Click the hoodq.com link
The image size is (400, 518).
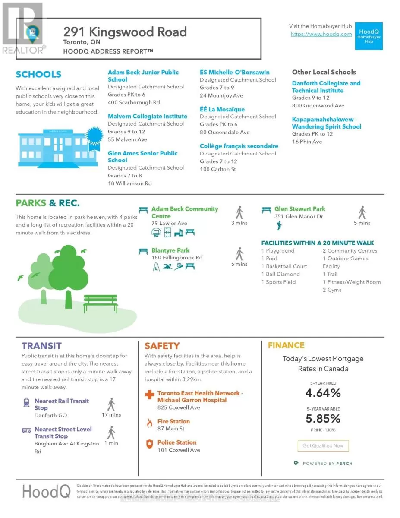point(321,34)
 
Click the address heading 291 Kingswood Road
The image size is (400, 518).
point(125,32)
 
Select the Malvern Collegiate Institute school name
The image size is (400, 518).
point(148,116)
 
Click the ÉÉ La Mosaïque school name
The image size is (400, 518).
point(222,109)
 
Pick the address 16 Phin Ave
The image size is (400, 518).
point(307,142)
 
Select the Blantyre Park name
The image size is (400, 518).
point(170,250)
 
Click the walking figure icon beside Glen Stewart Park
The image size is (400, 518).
point(362,212)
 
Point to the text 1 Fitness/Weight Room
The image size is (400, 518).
point(352,282)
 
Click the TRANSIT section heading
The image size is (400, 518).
point(41,346)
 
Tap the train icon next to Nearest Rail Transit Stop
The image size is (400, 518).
point(26,403)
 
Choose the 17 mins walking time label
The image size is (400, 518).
point(111,415)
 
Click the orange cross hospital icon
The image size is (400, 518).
point(149,395)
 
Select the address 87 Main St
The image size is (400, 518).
point(171,429)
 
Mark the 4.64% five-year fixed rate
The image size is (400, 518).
point(323,393)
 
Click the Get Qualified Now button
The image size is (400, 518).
point(323,445)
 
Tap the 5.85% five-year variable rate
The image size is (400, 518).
point(323,419)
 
